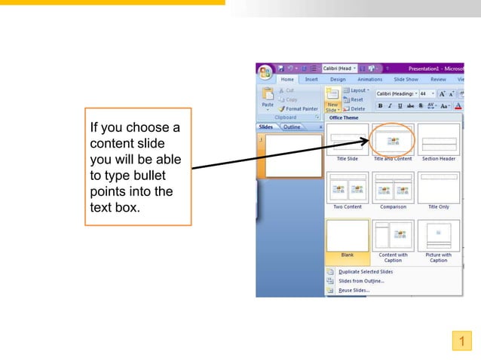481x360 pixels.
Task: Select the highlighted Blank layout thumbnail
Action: click(347, 235)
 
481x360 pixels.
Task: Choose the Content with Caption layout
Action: click(393, 235)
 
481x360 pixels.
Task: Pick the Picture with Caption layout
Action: click(439, 235)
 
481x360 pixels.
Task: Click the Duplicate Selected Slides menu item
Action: click(365, 271)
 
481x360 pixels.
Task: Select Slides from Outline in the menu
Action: click(360, 281)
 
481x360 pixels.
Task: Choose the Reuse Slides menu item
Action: click(354, 290)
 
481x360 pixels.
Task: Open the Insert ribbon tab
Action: click(311, 79)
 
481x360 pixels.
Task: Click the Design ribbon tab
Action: click(338, 79)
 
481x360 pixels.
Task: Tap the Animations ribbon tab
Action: click(369, 79)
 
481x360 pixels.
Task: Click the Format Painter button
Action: click(301, 108)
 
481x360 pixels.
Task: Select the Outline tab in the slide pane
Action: click(291, 127)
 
